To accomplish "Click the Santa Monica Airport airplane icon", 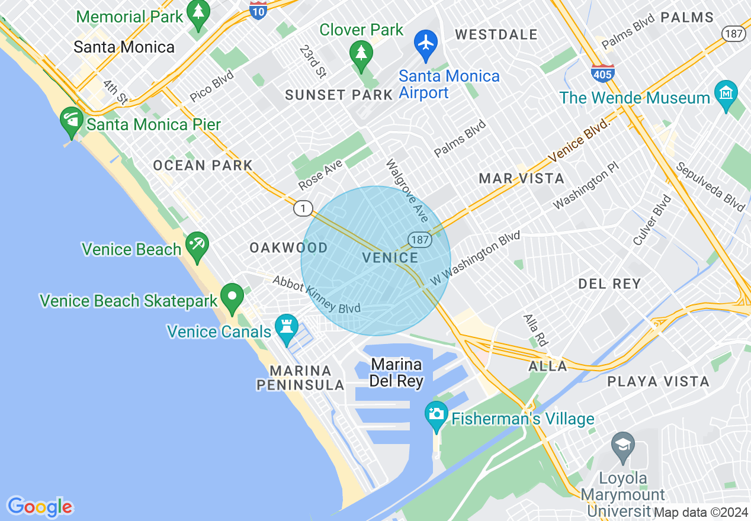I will pyautogui.click(x=425, y=43).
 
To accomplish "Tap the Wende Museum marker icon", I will pyautogui.click(x=726, y=94).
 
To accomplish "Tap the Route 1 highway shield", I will pyautogui.click(x=303, y=208).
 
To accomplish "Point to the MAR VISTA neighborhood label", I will pyautogui.click(x=521, y=178).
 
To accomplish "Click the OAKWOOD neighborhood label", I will pyautogui.click(x=288, y=247).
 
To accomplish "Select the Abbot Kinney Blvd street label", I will pyautogui.click(x=316, y=294).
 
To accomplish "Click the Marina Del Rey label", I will pyautogui.click(x=396, y=372).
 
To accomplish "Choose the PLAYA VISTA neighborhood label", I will pyautogui.click(x=658, y=382).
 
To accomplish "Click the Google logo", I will pyautogui.click(x=40, y=507).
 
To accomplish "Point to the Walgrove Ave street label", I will pyautogui.click(x=406, y=186).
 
